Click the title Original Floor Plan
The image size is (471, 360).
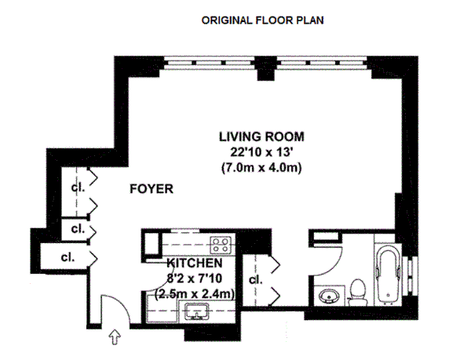262,20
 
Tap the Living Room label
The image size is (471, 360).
261,136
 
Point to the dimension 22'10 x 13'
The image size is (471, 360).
261,152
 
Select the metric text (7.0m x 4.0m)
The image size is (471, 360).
261,167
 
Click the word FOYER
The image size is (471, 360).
152,189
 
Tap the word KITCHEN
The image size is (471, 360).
195,263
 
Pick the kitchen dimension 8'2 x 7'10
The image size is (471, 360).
195,278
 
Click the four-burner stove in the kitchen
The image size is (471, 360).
221,245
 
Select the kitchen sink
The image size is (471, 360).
197,311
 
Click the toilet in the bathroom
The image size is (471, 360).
357,293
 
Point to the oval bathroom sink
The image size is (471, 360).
328,296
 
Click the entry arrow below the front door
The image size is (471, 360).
115,337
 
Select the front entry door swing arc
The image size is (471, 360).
122,303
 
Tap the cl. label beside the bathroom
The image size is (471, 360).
256,279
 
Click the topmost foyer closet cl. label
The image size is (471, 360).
78,187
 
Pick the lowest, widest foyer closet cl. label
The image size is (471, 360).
68,257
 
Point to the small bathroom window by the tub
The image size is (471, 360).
410,275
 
